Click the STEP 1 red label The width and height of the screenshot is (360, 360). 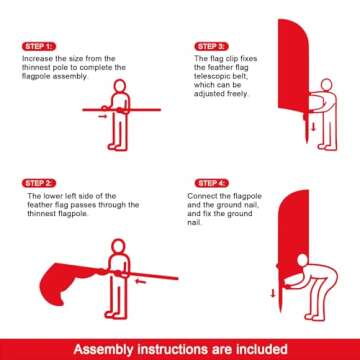click(38, 46)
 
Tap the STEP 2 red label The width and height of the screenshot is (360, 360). click(38, 183)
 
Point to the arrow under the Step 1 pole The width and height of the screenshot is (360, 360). click(102, 116)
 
